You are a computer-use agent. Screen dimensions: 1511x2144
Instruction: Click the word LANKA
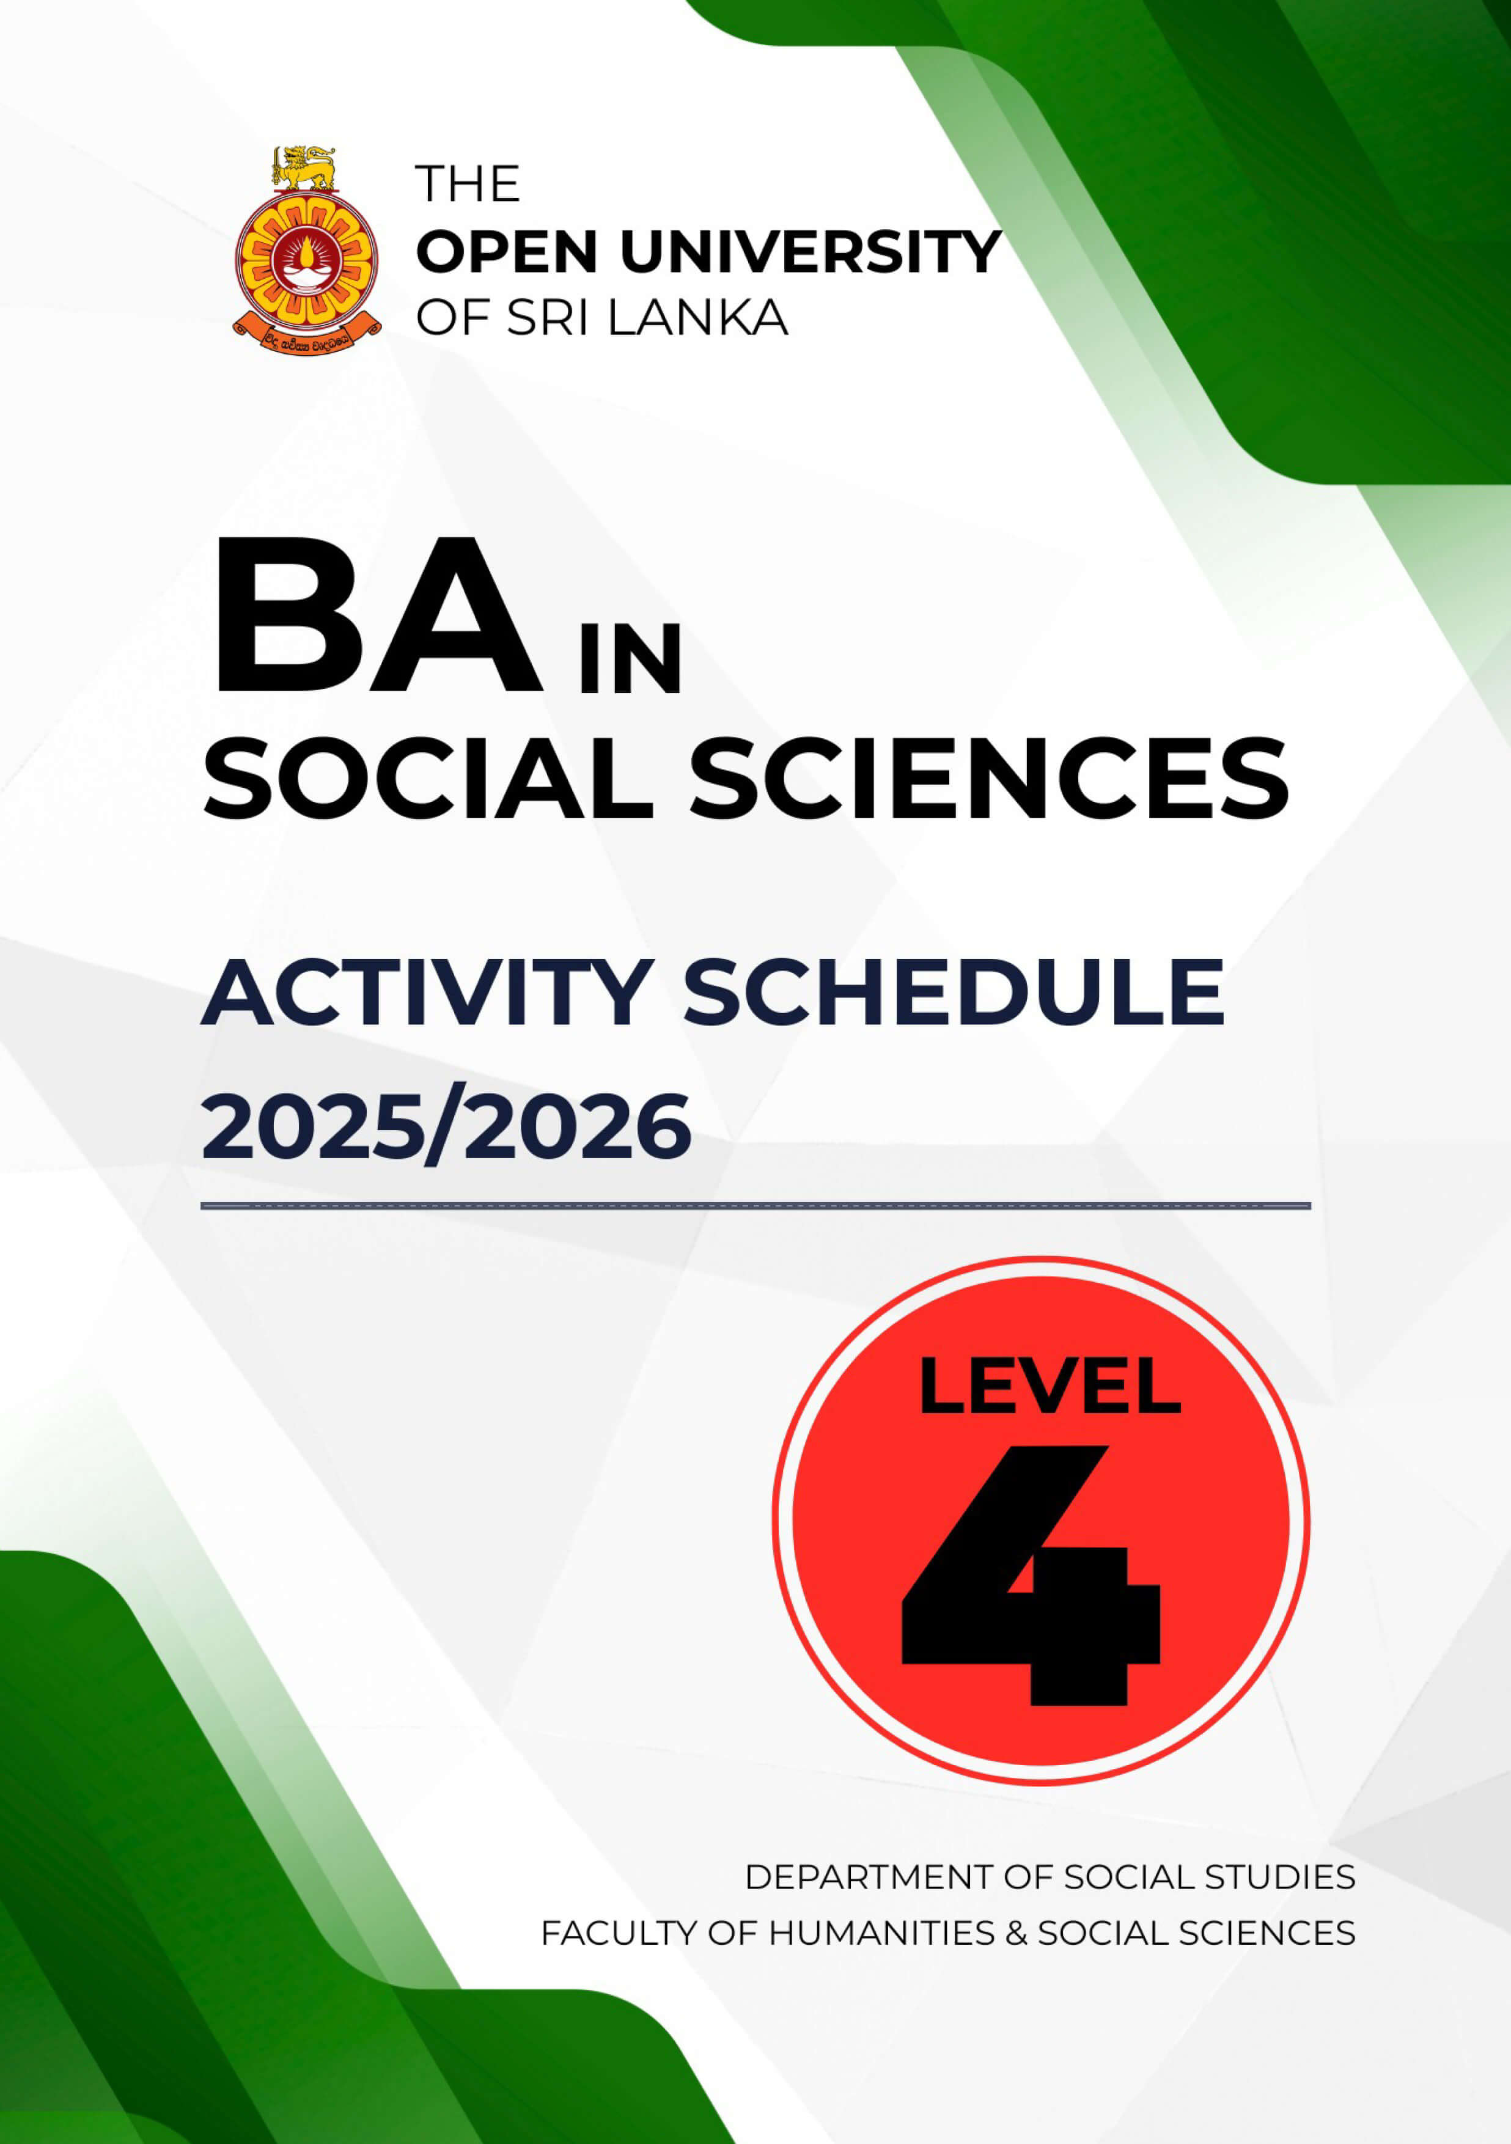tap(697, 318)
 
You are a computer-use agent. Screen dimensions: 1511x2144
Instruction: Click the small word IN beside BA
tap(630, 660)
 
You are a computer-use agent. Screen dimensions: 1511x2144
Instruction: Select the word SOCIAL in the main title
tap(428, 779)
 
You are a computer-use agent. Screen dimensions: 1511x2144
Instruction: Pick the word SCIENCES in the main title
tap(990, 779)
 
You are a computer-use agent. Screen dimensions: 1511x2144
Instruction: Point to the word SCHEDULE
tap(954, 992)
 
